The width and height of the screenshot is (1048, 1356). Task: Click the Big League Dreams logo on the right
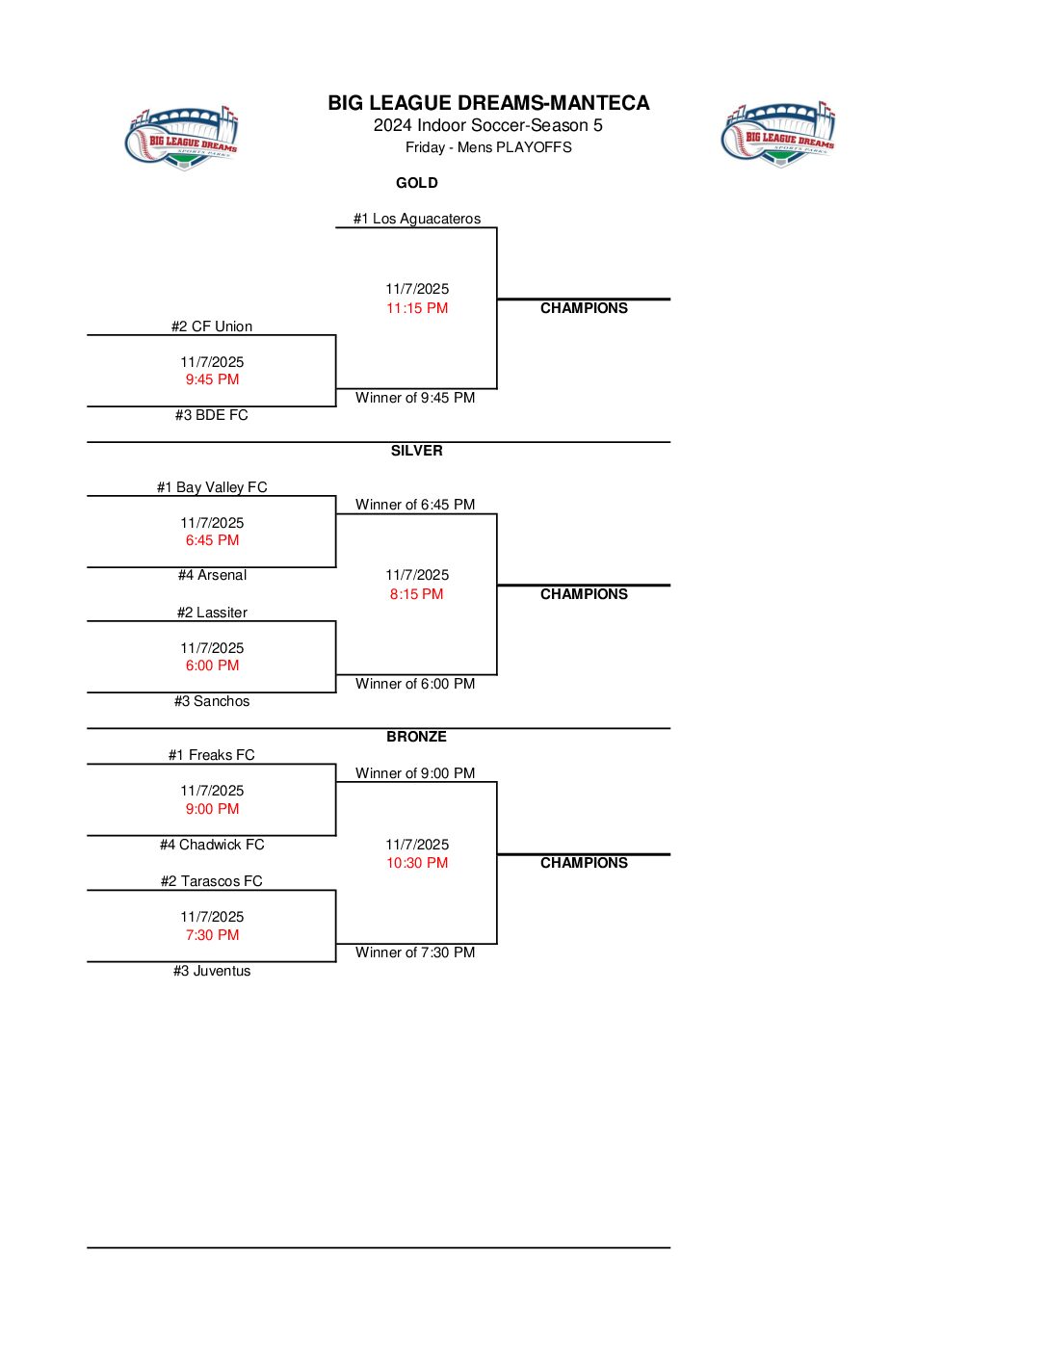(778, 134)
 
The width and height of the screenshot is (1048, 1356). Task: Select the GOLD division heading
(416, 183)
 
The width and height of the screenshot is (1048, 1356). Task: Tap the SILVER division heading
(416, 451)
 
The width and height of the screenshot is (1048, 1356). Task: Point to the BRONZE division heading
(416, 737)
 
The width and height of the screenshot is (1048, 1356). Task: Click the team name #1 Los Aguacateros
(416, 219)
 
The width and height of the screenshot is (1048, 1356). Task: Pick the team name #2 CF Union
(212, 326)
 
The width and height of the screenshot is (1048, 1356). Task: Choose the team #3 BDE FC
(212, 415)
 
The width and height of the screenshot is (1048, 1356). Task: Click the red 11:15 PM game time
(417, 308)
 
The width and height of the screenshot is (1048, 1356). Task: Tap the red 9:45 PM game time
(212, 379)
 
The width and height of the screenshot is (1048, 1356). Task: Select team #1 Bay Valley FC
(212, 487)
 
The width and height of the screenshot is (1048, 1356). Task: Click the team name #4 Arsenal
(212, 575)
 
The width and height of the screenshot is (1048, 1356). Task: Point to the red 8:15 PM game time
(417, 594)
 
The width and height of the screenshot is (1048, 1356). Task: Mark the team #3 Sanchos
(212, 701)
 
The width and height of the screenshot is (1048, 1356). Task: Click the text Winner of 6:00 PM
(415, 684)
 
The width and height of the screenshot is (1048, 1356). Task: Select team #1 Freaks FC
(212, 755)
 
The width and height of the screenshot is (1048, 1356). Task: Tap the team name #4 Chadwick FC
(212, 845)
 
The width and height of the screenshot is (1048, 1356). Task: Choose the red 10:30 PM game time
(417, 863)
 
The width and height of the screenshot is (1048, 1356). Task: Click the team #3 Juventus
(212, 971)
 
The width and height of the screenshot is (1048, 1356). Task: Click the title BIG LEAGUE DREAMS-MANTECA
(488, 103)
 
